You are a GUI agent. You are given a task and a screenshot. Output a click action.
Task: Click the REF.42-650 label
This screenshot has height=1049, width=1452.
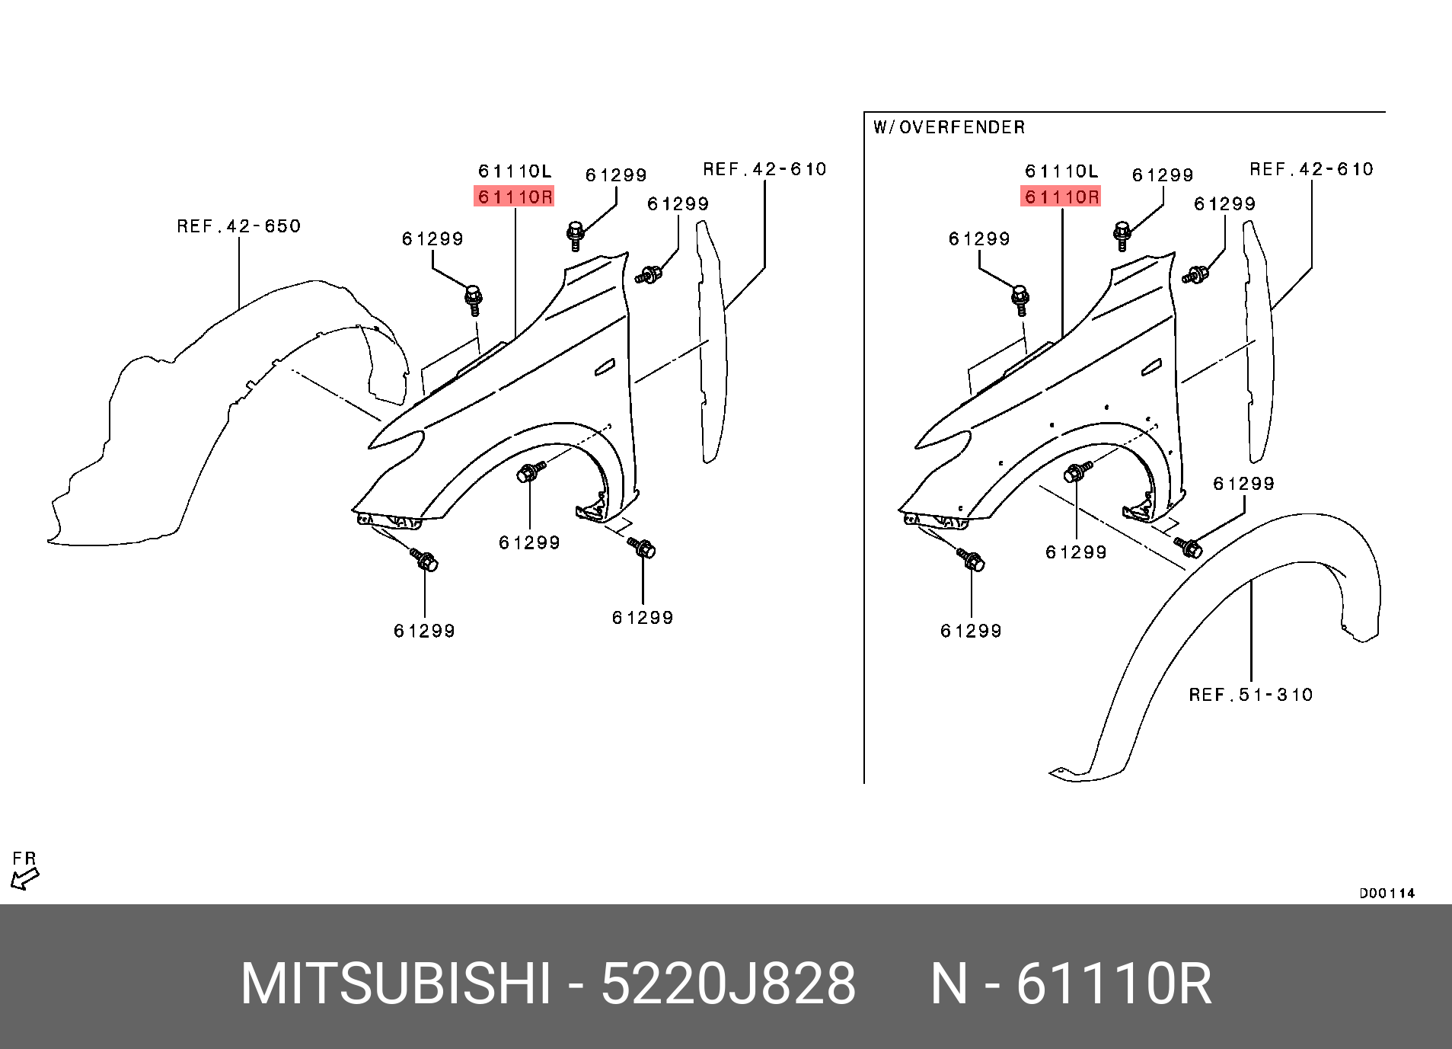click(238, 226)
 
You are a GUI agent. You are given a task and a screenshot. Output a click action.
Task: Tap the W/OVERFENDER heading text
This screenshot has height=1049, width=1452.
click(949, 127)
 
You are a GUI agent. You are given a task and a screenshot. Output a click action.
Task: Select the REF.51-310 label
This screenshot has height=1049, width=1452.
click(1250, 695)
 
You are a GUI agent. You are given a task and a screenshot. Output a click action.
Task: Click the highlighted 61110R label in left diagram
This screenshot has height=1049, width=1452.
click(515, 197)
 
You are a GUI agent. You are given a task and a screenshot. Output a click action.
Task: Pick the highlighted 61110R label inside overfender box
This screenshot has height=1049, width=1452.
click(1061, 197)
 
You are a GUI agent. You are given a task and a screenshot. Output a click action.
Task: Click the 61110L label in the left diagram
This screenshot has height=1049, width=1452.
click(515, 171)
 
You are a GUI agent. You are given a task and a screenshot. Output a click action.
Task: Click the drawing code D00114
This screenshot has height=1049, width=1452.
click(1387, 893)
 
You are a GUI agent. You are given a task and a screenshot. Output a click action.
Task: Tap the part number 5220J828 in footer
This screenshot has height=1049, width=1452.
click(728, 984)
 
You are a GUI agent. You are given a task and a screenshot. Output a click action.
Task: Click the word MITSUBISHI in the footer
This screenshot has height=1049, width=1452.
click(395, 984)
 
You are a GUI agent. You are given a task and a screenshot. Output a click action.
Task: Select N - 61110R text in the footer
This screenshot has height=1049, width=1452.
click(1071, 984)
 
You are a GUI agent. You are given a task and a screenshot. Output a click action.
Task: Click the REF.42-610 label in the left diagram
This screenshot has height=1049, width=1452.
click(764, 169)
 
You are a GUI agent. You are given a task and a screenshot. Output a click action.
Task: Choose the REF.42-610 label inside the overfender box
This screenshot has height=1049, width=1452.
click(1311, 169)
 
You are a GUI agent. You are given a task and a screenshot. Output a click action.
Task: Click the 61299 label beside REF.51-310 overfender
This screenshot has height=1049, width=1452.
click(1243, 484)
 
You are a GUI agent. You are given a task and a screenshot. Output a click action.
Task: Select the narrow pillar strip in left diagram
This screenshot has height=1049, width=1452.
click(712, 343)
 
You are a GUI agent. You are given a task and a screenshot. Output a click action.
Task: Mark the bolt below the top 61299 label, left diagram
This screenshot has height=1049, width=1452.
click(576, 233)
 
